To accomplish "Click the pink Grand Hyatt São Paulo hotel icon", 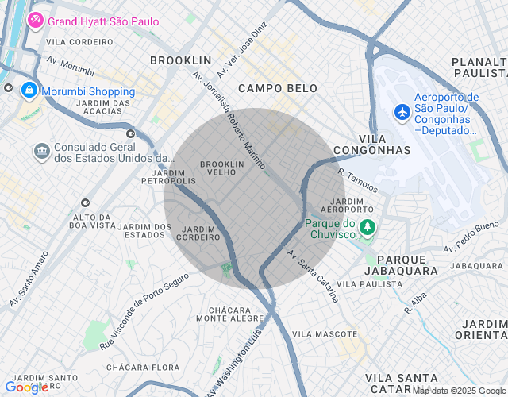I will tap(36, 21).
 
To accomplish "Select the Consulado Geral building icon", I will tap(40, 150).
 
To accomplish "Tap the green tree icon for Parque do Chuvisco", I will tap(367, 229).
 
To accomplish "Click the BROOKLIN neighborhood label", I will tap(181, 60).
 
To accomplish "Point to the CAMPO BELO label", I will tap(277, 88).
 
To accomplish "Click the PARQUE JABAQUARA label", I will tap(407, 265).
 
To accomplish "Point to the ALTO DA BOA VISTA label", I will tap(93, 221).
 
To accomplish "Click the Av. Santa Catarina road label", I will tap(314, 276).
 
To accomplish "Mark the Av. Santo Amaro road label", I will tap(29, 279).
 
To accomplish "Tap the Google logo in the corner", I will tap(27, 387).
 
